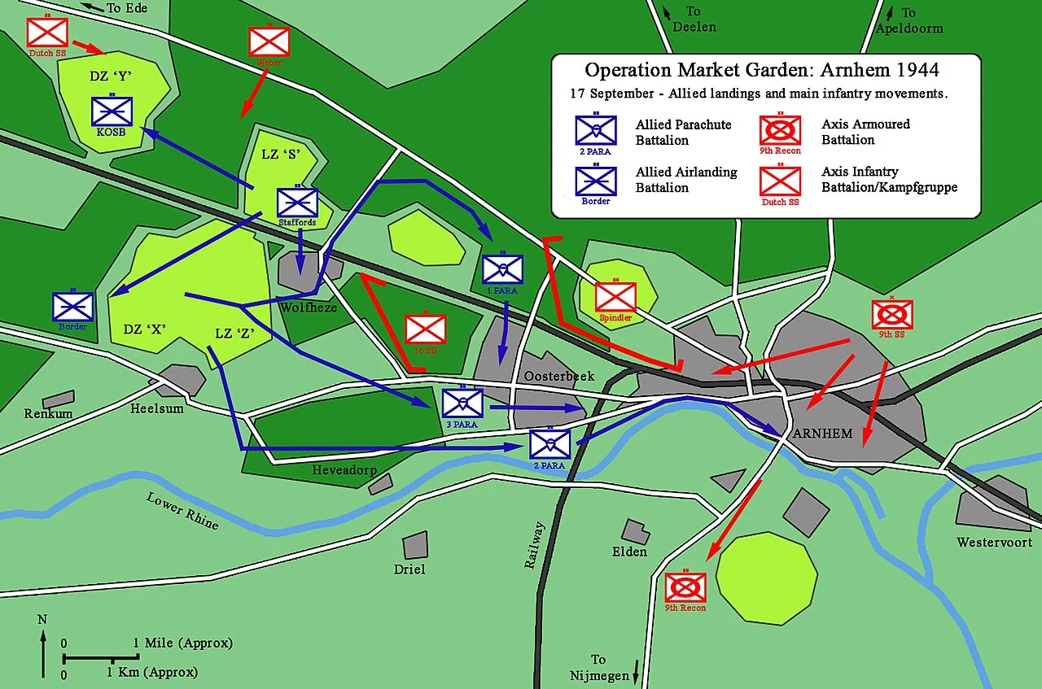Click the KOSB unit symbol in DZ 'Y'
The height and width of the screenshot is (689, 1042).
coord(112,112)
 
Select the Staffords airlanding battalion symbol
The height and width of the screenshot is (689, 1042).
coord(297,203)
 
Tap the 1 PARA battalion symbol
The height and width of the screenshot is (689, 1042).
coord(502,269)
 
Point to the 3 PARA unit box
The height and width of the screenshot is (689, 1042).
coord(462,403)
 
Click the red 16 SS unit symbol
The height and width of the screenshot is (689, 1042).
coord(425,329)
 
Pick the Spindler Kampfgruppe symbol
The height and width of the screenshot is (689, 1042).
coord(615,297)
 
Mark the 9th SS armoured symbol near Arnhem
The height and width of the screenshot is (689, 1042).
coord(892,314)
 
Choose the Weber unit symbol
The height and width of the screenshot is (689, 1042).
coord(269,41)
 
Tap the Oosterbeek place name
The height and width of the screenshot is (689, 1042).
coord(559,377)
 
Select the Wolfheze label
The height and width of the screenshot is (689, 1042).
coord(308,307)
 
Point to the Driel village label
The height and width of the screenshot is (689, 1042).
coord(409,569)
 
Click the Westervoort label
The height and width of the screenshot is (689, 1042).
coord(994,542)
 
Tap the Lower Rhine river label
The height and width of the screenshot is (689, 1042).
coord(183,511)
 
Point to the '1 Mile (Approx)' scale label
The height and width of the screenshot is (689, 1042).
coord(182,643)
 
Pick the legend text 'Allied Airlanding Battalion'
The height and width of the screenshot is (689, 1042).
coord(685,180)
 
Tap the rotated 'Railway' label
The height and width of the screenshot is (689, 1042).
coord(536,544)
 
